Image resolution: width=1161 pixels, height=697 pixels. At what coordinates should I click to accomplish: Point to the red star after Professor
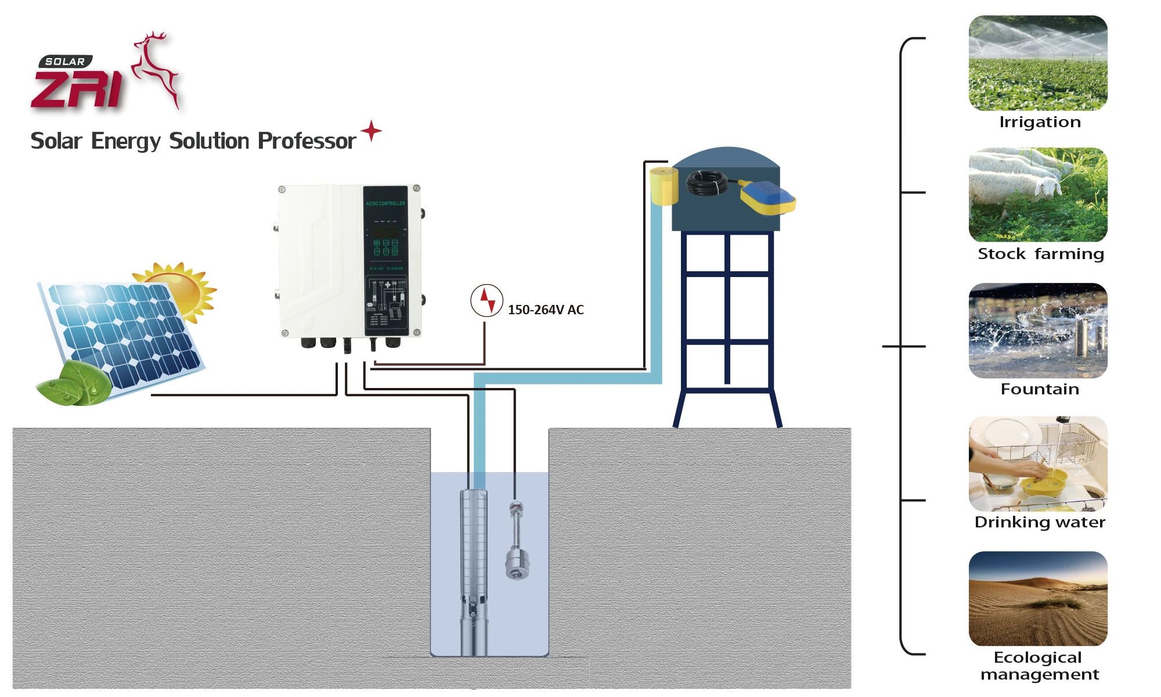[371, 131]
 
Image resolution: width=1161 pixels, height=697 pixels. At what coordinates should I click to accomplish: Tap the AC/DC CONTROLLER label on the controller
[385, 203]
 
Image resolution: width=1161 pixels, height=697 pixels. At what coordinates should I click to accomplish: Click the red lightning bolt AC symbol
[486, 300]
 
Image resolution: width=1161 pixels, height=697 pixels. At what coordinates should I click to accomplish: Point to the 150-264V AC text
[546, 310]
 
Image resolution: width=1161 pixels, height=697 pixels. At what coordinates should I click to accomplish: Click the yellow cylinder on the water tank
[664, 186]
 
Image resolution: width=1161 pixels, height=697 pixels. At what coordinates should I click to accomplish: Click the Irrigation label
[1040, 122]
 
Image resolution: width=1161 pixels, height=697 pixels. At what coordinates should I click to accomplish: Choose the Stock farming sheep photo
[1038, 195]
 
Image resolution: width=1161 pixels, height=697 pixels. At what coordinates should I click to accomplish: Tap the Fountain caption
[1040, 389]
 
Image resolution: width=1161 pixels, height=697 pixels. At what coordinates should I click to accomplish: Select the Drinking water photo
[1038, 464]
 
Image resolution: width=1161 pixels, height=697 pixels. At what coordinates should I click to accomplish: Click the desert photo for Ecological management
[1038, 598]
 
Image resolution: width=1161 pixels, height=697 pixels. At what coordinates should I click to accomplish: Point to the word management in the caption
[1040, 674]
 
